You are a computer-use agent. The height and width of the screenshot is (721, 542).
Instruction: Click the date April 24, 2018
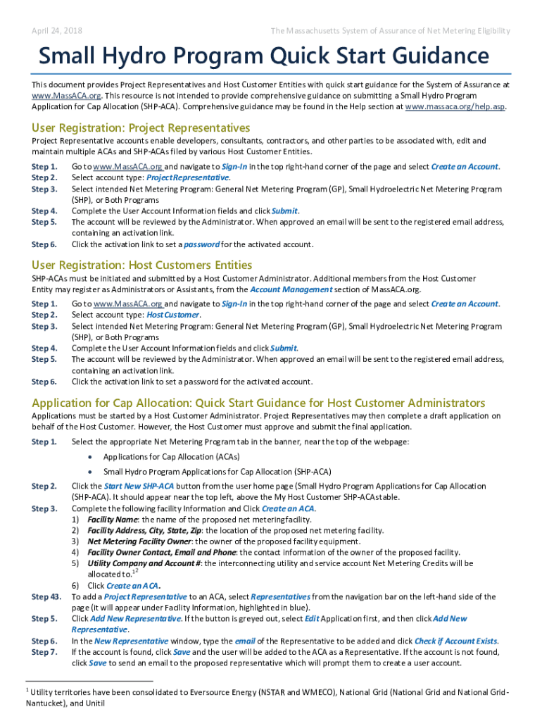coord(57,31)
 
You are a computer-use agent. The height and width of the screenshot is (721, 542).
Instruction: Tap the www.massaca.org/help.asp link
coord(455,106)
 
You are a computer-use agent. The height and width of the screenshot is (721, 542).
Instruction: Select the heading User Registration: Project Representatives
coord(141,127)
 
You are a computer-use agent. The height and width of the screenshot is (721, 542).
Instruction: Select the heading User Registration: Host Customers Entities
coord(141,265)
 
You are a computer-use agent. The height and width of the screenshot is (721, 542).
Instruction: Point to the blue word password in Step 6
coord(201,244)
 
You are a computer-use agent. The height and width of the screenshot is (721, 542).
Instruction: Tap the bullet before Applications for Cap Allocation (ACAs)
coord(90,457)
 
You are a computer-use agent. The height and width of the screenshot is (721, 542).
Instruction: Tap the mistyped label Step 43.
coord(46,596)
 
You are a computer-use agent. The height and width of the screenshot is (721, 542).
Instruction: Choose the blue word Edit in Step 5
coord(312,618)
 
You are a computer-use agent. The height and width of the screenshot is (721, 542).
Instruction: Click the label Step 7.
coord(44,652)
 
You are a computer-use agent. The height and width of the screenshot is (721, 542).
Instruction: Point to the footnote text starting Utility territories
coord(267,693)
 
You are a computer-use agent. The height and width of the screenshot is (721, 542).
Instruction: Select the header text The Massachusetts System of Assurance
coord(391,31)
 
